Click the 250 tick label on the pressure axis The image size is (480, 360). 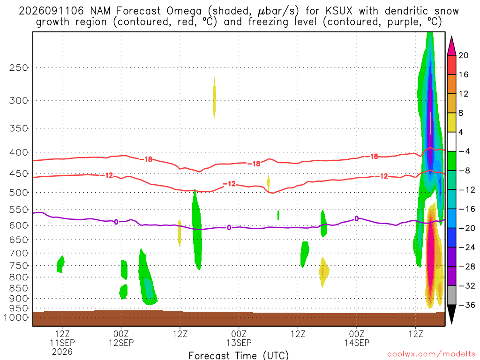click(19, 67)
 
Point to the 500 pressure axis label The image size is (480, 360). click(19, 193)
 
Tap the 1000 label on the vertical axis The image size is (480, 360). click(16, 317)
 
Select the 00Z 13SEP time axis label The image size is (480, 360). click(239, 338)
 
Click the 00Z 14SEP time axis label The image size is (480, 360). click(357, 338)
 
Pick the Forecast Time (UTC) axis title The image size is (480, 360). click(239, 355)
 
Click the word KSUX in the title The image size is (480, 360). click(339, 11)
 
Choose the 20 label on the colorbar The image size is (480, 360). click(464, 55)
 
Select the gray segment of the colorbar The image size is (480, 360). click(451, 295)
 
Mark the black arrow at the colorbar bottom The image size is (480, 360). click(451, 314)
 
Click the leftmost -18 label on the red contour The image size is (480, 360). click(146, 159)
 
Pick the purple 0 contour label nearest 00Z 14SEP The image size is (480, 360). click(357, 218)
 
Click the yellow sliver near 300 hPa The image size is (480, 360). click(214, 97)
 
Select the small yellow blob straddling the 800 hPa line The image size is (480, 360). click(323, 271)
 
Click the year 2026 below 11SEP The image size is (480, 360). click(62, 352)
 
